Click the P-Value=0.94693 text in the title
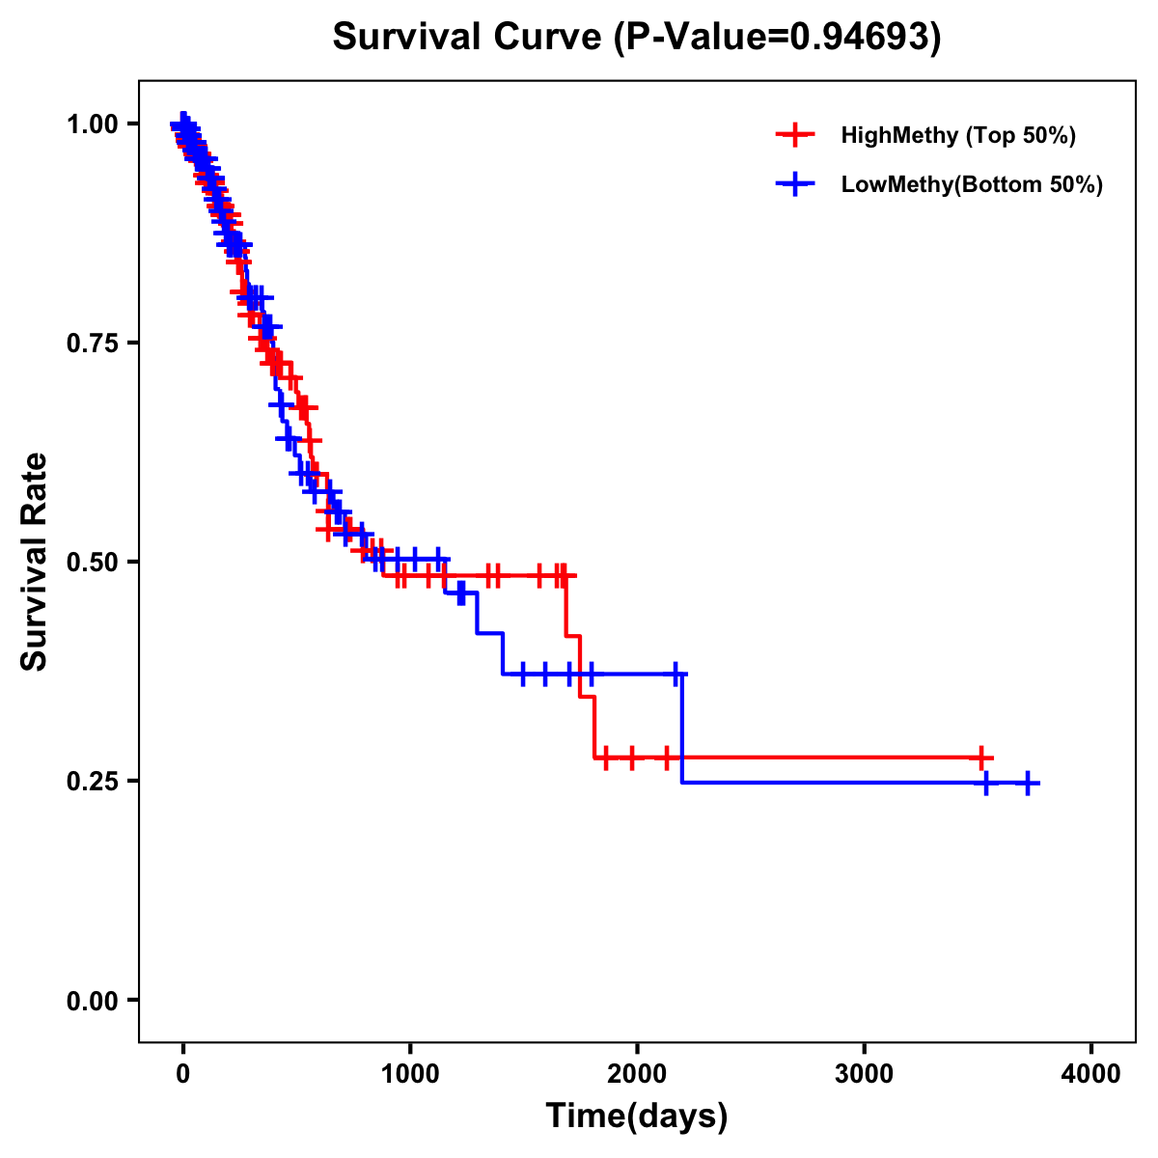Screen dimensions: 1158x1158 [x=778, y=37]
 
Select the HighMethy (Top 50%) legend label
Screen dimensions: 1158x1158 [x=957, y=135]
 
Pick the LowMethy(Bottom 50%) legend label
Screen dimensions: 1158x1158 [x=972, y=184]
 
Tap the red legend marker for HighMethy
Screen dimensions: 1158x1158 [x=794, y=135]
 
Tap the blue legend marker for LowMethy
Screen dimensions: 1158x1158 [x=794, y=184]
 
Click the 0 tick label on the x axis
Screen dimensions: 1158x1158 [x=182, y=1074]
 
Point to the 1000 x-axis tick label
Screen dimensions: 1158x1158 [x=410, y=1074]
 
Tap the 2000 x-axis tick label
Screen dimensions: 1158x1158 [x=637, y=1074]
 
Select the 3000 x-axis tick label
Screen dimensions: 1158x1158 [x=864, y=1074]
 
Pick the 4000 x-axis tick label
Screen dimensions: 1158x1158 [x=1091, y=1074]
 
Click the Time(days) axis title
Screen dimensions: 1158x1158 [x=637, y=1117]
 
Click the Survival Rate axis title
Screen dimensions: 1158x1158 [x=35, y=562]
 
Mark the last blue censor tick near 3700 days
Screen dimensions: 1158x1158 [x=1028, y=783]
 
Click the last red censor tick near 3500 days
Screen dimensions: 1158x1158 [x=980, y=758]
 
